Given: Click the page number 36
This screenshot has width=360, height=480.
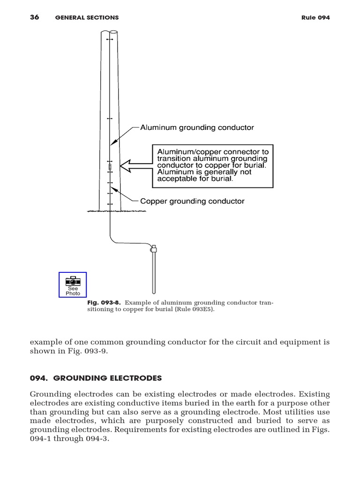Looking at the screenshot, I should (x=34, y=17).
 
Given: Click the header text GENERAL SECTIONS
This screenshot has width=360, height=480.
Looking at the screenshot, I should (x=87, y=18).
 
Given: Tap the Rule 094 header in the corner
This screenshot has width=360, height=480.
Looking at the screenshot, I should (x=315, y=18).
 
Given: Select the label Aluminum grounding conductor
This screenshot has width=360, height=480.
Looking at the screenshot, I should (x=197, y=127).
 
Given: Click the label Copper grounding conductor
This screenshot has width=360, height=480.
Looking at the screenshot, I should (x=192, y=201).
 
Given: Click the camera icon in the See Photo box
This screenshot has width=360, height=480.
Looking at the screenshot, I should (x=73, y=281).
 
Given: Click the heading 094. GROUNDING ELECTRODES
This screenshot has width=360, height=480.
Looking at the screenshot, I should (x=96, y=378).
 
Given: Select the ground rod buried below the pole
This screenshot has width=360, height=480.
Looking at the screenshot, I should (x=153, y=274).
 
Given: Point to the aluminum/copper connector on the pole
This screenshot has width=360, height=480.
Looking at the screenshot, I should (x=110, y=166).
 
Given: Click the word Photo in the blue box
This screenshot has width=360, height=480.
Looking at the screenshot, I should (x=73, y=293).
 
